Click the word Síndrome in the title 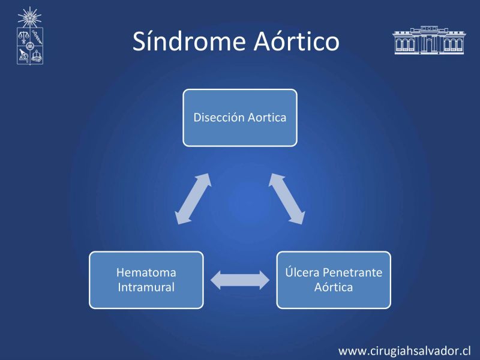coord(189,41)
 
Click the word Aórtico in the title coord(296,41)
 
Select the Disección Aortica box coord(240,118)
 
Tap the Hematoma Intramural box coord(146,280)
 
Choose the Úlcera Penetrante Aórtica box coord(334,280)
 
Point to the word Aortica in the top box coord(267,118)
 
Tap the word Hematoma coord(146,272)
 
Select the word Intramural coord(146,287)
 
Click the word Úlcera coord(302,272)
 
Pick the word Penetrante coord(353,272)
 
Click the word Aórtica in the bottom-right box coord(334,287)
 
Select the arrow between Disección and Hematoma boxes coord(193,199)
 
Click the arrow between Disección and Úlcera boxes coord(287,199)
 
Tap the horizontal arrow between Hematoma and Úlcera coord(240,280)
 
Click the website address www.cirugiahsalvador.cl coord(404,351)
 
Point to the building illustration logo coord(429,40)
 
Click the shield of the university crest coord(30,46)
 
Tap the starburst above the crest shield coord(29,17)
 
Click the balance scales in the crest coord(23,37)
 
